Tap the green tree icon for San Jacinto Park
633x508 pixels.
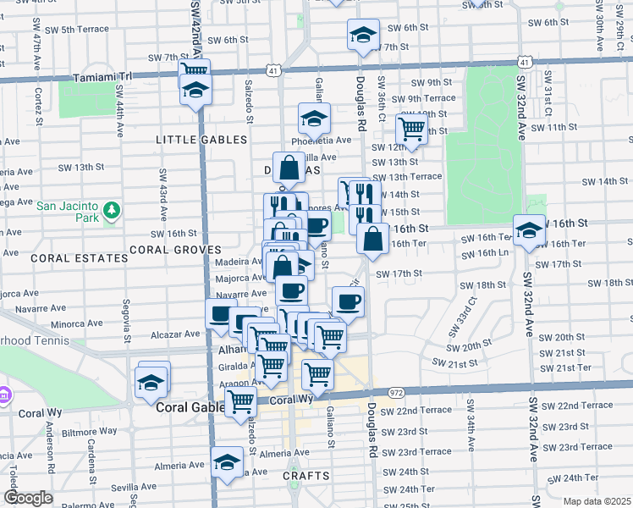click(x=111, y=210)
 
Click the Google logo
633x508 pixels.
click(x=27, y=499)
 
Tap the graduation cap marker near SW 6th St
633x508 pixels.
click(x=361, y=36)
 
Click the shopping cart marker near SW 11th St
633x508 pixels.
click(x=411, y=129)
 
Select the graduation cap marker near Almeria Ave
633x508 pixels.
click(x=226, y=462)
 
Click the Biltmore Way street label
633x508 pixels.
click(x=93, y=431)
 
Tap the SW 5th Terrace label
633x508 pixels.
click(x=78, y=29)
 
